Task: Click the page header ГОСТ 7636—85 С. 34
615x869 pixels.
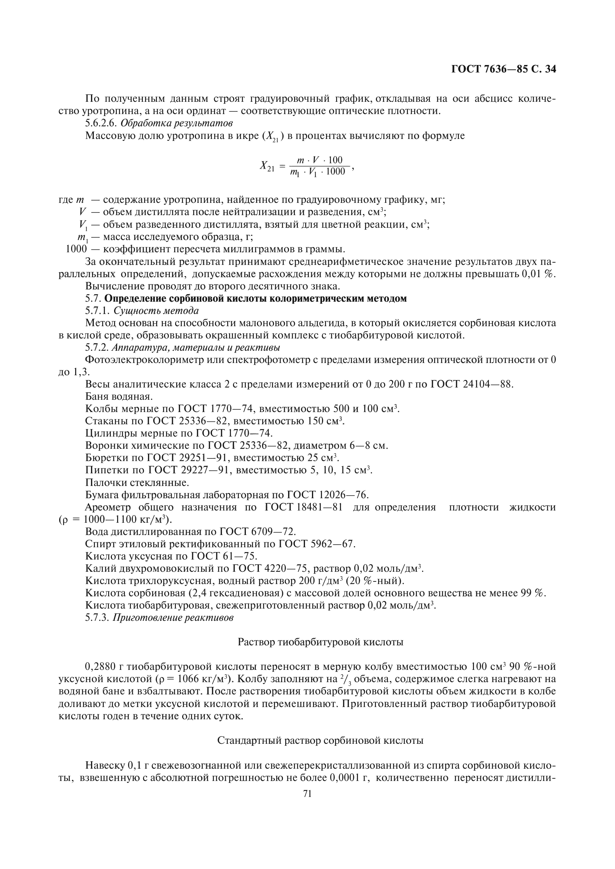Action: (x=504, y=69)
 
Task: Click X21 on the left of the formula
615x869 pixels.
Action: (x=267, y=166)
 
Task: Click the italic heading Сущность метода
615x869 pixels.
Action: (x=156, y=311)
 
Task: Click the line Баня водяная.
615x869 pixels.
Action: (x=119, y=397)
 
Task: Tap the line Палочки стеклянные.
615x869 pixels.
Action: (x=137, y=483)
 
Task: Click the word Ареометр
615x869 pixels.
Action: (x=107, y=507)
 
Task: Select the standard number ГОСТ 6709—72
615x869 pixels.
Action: (x=258, y=532)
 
